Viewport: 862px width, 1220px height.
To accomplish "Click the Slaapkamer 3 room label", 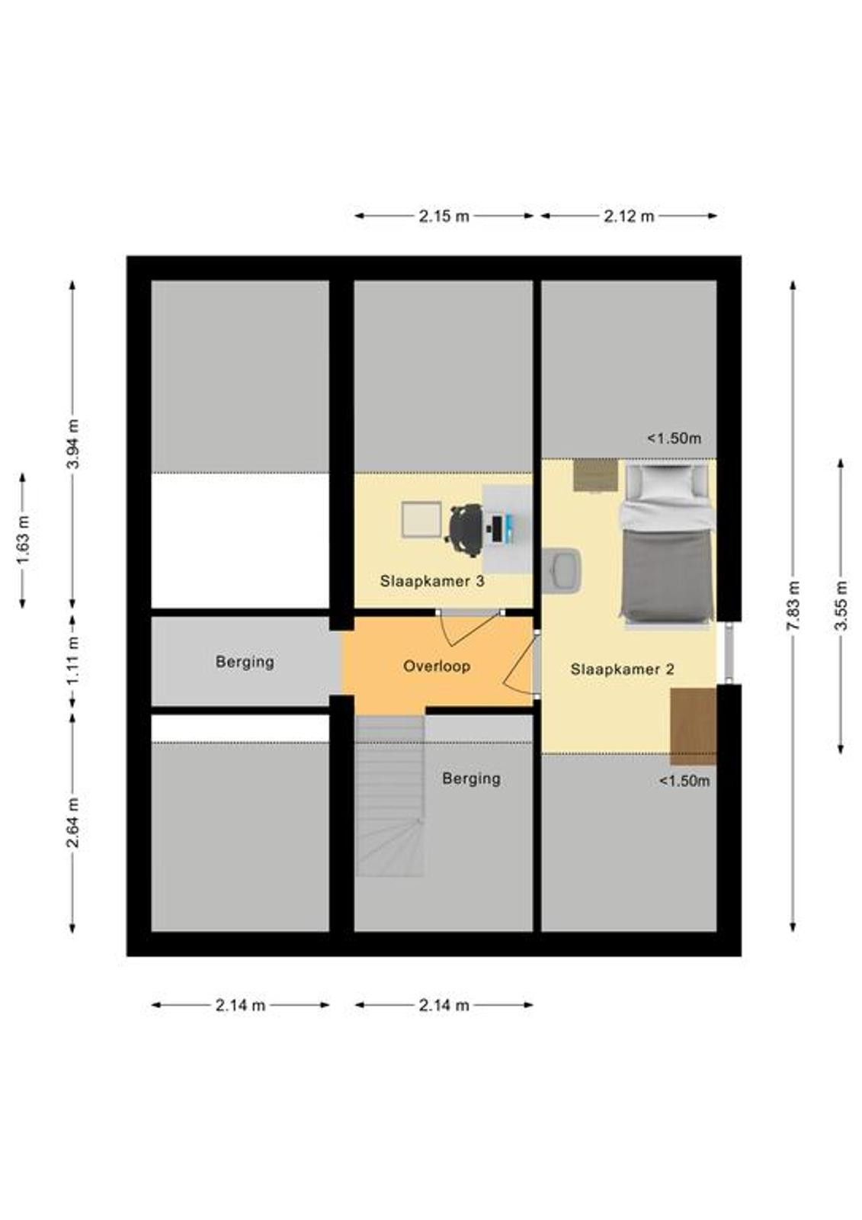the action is coord(432,581).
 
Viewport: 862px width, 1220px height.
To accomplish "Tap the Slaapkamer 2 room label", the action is coord(622,669).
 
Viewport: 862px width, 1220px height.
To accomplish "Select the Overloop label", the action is coord(437,666).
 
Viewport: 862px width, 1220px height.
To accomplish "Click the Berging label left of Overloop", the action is coord(245,663).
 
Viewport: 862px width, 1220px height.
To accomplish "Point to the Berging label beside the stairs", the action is coord(471,779).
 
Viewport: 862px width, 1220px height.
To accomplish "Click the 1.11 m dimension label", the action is coord(73,661).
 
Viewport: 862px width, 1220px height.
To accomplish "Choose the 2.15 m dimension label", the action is coord(444,217).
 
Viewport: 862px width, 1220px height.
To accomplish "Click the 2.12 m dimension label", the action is coord(629,217).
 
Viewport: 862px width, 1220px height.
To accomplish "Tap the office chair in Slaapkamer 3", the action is coord(466,531).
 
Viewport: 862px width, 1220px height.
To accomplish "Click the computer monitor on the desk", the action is coord(497,529).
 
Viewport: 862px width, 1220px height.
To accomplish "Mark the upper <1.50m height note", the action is coord(675,438).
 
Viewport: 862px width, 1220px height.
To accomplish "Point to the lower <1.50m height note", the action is coord(684,781).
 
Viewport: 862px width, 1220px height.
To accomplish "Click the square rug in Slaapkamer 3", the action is coord(421,520).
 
